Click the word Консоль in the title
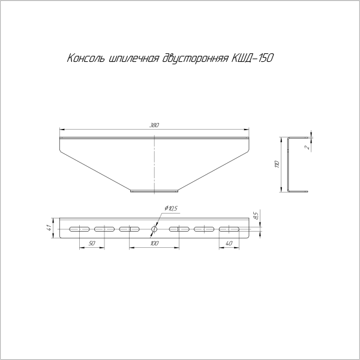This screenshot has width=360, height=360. pyautogui.click(x=85, y=59)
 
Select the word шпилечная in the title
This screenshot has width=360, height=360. pyautogui.click(x=132, y=59)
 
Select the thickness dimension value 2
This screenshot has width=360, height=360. pyautogui.click(x=307, y=146)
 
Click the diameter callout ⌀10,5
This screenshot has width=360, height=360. pyautogui.click(x=171, y=208)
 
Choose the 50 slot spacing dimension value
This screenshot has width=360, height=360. pyautogui.click(x=92, y=243)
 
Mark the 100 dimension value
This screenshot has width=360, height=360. pyautogui.click(x=154, y=243)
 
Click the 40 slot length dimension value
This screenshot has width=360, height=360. pyautogui.click(x=229, y=243)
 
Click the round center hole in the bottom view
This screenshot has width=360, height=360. pyautogui.click(x=154, y=229)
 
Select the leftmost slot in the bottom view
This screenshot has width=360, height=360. pyautogui.click(x=79, y=229)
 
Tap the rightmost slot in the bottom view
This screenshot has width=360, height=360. pyautogui.click(x=229, y=229)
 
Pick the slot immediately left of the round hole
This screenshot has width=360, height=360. pyautogui.click(x=129, y=229)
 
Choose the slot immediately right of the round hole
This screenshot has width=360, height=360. pyautogui.click(x=179, y=229)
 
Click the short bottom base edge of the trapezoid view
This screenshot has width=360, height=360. pyautogui.click(x=154, y=192)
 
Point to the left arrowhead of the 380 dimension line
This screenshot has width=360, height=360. pyautogui.click(x=62, y=128)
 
